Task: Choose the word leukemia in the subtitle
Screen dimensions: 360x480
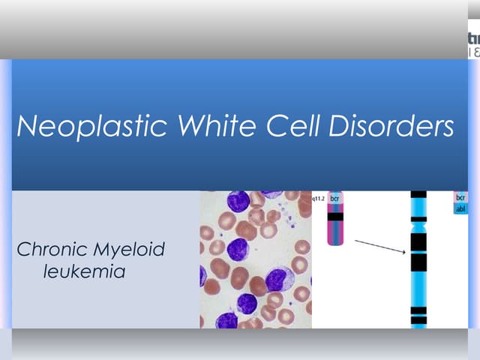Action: point(84,271)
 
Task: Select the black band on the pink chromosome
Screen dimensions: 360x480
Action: point(335,217)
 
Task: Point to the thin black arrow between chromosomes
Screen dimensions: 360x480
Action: point(380,247)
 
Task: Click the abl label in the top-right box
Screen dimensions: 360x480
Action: point(460,209)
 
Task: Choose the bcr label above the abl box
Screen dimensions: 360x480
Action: point(460,197)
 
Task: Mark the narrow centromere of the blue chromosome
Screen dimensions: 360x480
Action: point(418,223)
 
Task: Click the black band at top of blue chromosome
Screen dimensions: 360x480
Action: point(418,194)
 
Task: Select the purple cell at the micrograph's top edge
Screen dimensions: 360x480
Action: point(238,201)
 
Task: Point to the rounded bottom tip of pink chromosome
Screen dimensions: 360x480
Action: point(335,242)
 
